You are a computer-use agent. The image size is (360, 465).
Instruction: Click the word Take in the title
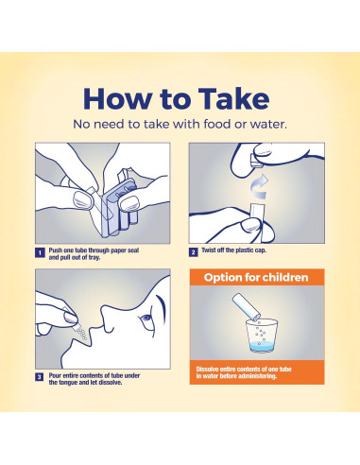pyautogui.click(x=233, y=99)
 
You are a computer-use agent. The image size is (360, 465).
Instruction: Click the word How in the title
pyautogui.click(x=118, y=99)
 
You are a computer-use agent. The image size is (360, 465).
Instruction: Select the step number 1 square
pyautogui.click(x=40, y=253)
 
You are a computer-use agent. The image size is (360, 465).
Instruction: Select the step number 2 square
pyautogui.click(x=194, y=252)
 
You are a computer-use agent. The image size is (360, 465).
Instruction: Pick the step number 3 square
pyautogui.click(x=39, y=377)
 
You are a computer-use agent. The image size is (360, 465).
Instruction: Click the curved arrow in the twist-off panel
pyautogui.click(x=259, y=187)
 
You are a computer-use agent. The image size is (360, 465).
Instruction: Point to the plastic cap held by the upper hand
pyautogui.click(x=256, y=161)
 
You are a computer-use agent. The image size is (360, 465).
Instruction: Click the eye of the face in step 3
pyautogui.click(x=146, y=318)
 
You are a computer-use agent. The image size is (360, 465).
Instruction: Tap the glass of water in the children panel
pyautogui.click(x=262, y=336)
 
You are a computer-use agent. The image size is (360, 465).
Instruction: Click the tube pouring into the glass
pyautogui.click(x=247, y=305)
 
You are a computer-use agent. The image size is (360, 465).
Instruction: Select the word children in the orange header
pyautogui.click(x=285, y=277)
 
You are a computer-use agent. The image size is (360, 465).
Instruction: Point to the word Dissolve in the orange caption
pyautogui.click(x=207, y=369)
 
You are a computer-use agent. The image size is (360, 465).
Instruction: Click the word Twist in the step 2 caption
pyautogui.click(x=209, y=250)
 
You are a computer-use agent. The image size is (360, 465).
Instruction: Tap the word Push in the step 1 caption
pyautogui.click(x=56, y=250)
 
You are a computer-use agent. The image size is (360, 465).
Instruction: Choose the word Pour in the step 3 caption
pyautogui.click(x=55, y=375)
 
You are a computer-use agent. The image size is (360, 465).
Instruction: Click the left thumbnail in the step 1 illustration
pyautogui.click(x=83, y=199)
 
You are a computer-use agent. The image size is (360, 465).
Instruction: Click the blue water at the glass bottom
pyautogui.click(x=262, y=348)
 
